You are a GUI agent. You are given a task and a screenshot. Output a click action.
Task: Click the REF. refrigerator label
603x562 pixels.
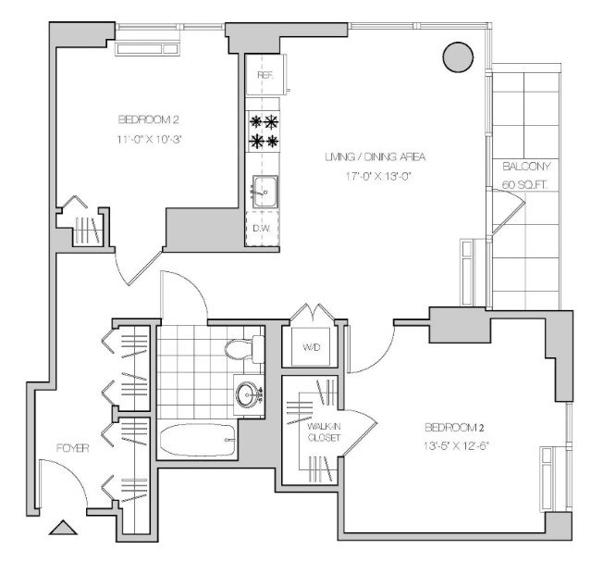(265, 75)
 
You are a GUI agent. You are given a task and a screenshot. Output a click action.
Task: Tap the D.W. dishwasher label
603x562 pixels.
(262, 228)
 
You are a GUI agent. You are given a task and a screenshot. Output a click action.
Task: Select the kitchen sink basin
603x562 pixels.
(265, 192)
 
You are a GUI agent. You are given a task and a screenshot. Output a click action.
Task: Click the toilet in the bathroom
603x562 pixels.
(244, 349)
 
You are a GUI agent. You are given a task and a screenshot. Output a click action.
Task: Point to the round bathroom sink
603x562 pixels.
(247, 394)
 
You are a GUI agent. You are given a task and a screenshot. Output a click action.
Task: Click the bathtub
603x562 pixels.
(198, 440)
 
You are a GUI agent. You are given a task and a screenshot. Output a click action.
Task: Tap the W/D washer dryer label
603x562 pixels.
(312, 347)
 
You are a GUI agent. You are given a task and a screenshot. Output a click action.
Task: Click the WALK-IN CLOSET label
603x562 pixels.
(324, 431)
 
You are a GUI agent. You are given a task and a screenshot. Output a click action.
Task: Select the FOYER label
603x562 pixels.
(73, 448)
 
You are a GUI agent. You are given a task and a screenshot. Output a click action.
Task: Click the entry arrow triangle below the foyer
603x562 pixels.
(63, 528)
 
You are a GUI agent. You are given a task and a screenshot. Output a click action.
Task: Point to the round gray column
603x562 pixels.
(458, 56)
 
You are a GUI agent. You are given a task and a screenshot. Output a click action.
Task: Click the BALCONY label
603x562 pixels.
(526, 167)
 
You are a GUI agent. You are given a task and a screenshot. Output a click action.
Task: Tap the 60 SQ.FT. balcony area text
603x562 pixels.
(524, 185)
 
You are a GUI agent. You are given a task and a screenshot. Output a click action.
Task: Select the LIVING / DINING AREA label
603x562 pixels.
(375, 157)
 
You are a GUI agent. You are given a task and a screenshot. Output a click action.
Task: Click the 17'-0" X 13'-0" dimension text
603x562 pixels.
(378, 176)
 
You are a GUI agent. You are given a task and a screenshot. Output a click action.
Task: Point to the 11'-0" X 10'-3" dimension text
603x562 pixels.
(149, 139)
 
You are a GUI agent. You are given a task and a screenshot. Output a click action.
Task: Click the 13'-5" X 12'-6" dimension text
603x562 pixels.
(456, 446)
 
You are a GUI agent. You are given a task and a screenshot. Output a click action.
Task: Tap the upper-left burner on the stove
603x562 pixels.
(256, 122)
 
